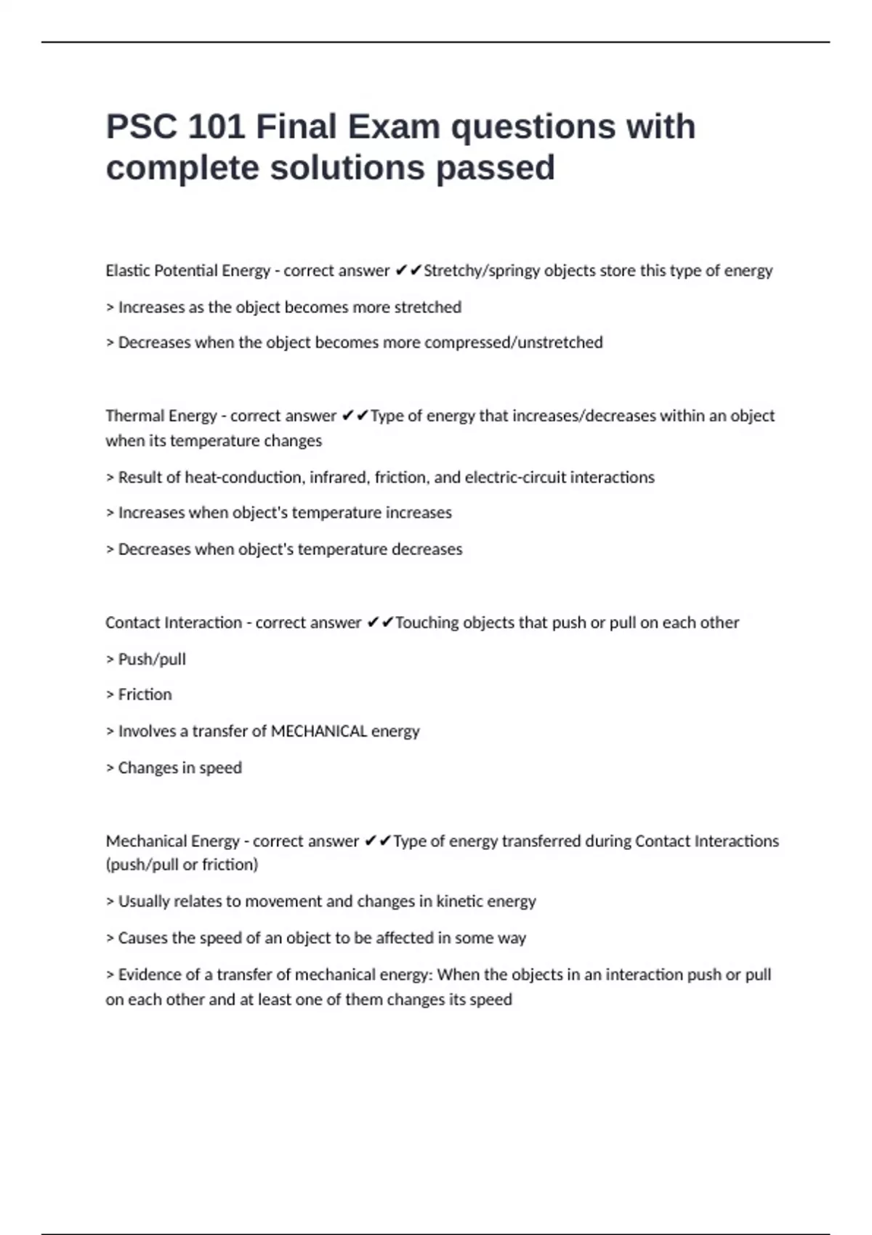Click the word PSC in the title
coord(141,127)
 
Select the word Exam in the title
coord(393,127)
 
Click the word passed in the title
coord(495,168)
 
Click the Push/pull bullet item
coord(152,660)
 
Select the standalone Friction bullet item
coord(145,695)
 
